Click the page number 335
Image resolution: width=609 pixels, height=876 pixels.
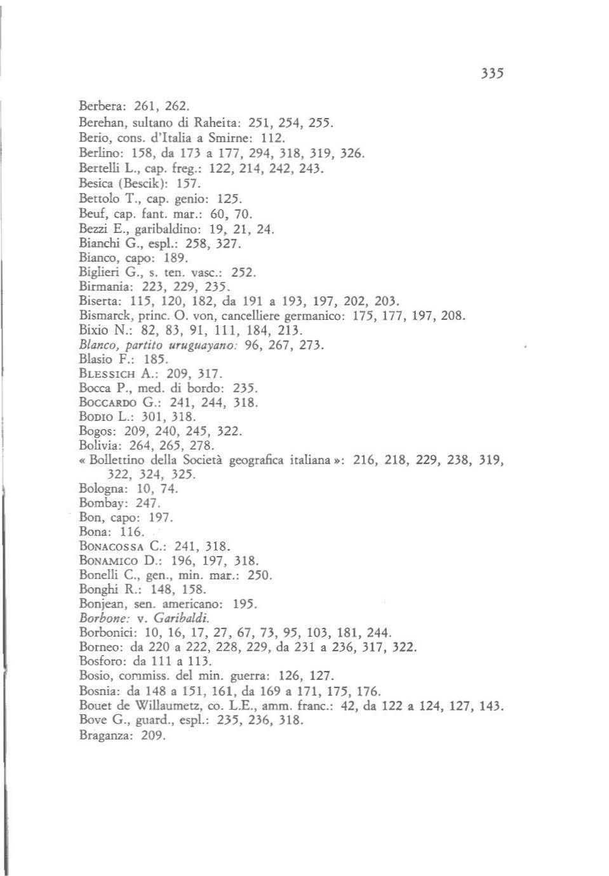pos(493,73)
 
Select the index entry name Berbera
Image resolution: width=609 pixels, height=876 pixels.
pos(98,104)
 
